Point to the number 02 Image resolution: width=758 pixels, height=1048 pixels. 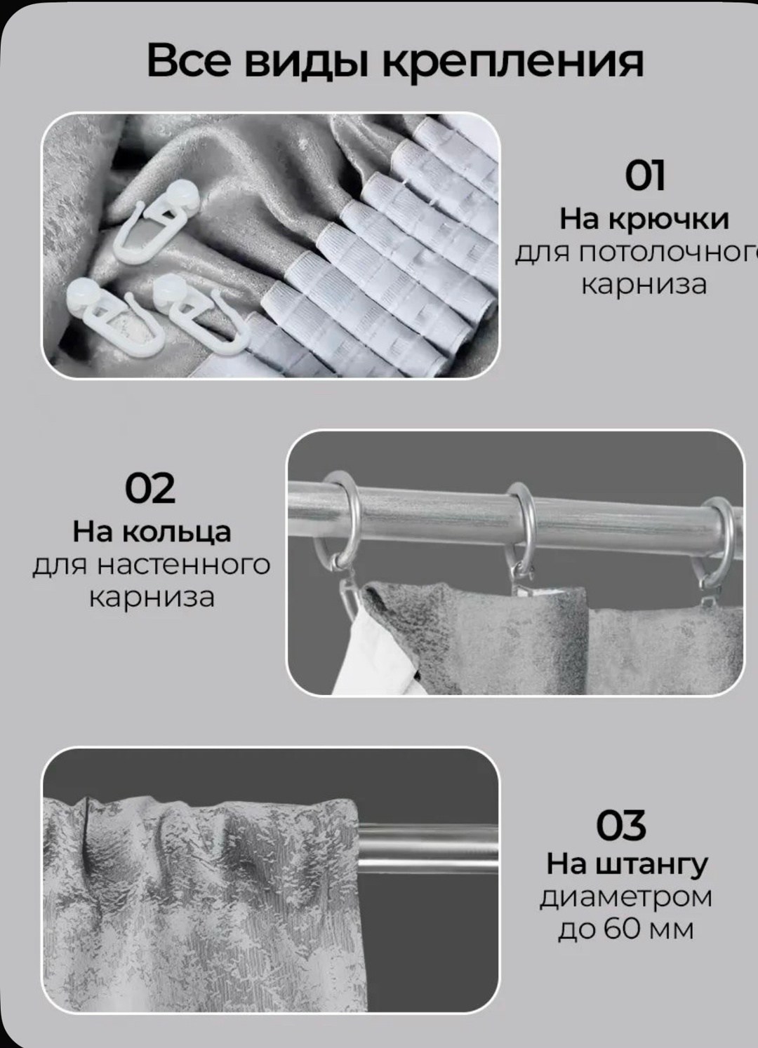click(149, 488)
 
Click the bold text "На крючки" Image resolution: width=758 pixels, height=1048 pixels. click(644, 220)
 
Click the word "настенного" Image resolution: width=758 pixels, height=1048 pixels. click(183, 565)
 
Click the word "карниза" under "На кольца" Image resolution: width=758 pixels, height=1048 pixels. click(152, 597)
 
